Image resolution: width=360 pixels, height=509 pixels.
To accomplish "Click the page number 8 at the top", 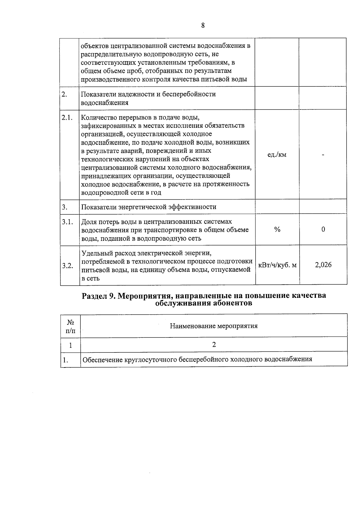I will pyautogui.click(x=203, y=25).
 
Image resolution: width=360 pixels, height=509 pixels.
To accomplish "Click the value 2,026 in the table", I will pyautogui.click(x=323, y=265).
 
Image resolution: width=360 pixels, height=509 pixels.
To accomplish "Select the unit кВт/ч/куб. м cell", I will pyautogui.click(x=277, y=265).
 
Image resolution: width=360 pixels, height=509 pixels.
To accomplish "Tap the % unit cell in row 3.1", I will pyautogui.click(x=277, y=229).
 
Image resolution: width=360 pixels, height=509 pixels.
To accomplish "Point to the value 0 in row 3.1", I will pyautogui.click(x=323, y=229).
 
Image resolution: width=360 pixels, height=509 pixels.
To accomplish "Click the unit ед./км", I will pyautogui.click(x=277, y=154).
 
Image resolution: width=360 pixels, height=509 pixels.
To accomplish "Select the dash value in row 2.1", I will pyautogui.click(x=323, y=155).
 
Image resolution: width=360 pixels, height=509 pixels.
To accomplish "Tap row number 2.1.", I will pyautogui.click(x=67, y=118).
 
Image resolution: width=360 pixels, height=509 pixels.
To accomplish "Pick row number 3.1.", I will pyautogui.click(x=67, y=222).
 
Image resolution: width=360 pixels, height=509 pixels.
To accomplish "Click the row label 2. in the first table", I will pyautogui.click(x=64, y=94).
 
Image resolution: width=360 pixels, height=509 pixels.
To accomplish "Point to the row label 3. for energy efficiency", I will pyautogui.click(x=64, y=207).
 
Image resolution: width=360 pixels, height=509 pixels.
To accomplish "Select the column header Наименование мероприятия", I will pyautogui.click(x=214, y=326).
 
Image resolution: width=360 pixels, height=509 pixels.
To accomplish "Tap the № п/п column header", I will pyautogui.click(x=70, y=326).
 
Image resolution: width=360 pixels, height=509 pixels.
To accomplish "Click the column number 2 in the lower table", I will pyautogui.click(x=214, y=345).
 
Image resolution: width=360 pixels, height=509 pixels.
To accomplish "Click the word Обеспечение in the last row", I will pyautogui.click(x=102, y=359).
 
